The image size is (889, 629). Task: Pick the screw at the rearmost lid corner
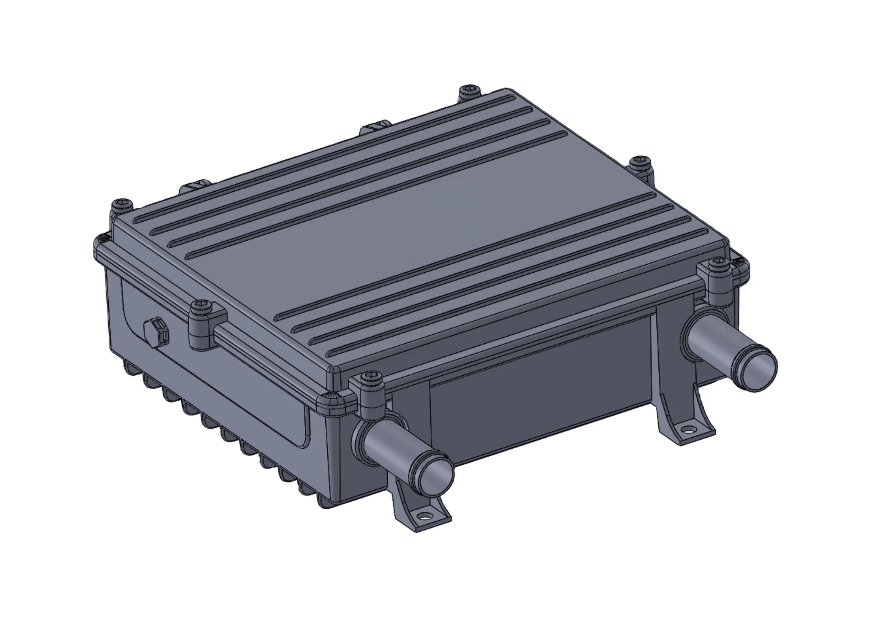(469, 90)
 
